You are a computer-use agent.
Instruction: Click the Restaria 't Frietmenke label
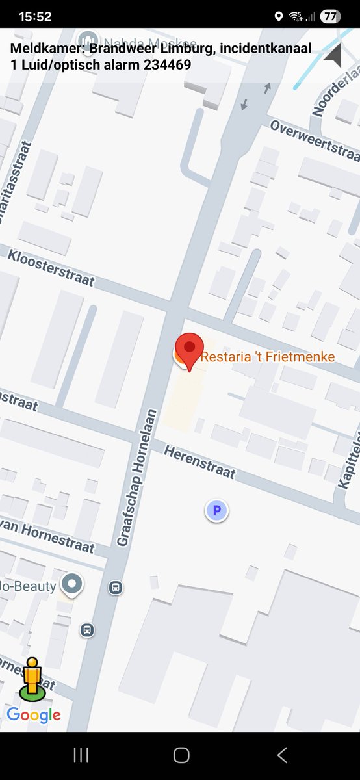pyautogui.click(x=268, y=357)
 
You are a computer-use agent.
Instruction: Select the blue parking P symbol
pyautogui.click(x=217, y=511)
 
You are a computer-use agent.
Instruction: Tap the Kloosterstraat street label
pyautogui.click(x=51, y=267)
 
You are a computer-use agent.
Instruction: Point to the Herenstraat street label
pyautogui.click(x=199, y=462)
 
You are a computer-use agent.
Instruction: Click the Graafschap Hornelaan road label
pyautogui.click(x=138, y=477)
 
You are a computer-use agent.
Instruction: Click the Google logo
pyautogui.click(x=34, y=716)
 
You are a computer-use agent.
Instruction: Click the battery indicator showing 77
pyautogui.click(x=330, y=16)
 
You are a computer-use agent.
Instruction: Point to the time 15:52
pyautogui.click(x=35, y=16)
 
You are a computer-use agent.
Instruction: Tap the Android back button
pyautogui.click(x=282, y=755)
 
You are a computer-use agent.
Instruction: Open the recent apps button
pyautogui.click(x=81, y=755)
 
